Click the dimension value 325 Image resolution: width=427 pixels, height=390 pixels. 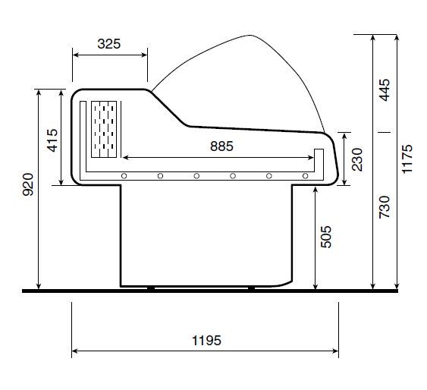tap(109, 44)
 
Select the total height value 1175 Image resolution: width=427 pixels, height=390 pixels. tap(407, 159)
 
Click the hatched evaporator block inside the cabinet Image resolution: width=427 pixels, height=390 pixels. tap(105, 130)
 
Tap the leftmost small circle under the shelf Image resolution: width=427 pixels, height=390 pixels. tap(123, 176)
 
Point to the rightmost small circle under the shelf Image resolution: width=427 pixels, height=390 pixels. tap(305, 176)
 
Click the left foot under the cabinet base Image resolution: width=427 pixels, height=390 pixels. tap(152, 288)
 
